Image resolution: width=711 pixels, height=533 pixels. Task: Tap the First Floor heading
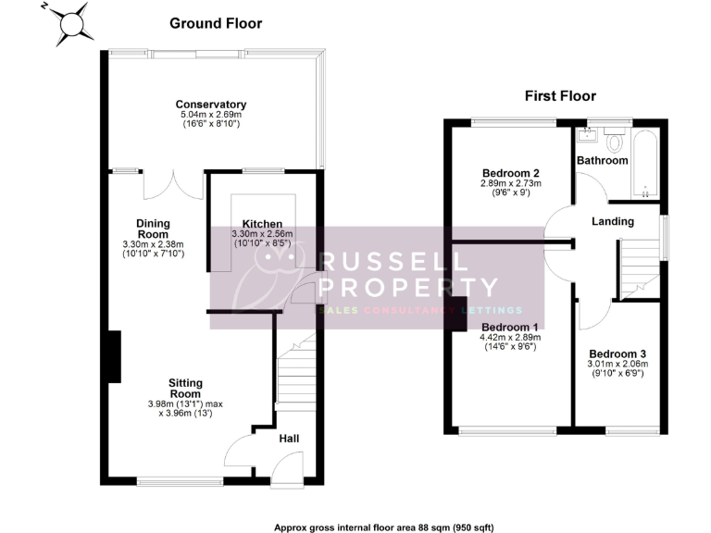pyautogui.click(x=560, y=95)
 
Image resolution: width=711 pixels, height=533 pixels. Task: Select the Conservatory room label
pyautogui.click(x=211, y=105)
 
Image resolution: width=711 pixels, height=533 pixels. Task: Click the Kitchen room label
pyautogui.click(x=262, y=224)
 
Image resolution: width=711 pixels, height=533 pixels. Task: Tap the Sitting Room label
pyautogui.click(x=185, y=389)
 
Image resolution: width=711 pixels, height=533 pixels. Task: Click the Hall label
pyautogui.click(x=289, y=438)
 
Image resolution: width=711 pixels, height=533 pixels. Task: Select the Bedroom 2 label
pyautogui.click(x=510, y=173)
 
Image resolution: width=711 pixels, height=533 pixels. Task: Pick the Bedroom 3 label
pyautogui.click(x=617, y=354)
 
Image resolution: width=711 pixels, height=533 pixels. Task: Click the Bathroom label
pyautogui.click(x=603, y=160)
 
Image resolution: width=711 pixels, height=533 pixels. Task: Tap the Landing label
pyautogui.click(x=613, y=221)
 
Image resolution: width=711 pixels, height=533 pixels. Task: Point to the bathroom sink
pyautogui.click(x=585, y=137)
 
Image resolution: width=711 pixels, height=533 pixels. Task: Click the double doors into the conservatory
pyautogui.click(x=173, y=183)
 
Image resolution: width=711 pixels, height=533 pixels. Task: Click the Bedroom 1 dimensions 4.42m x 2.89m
pyautogui.click(x=509, y=339)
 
